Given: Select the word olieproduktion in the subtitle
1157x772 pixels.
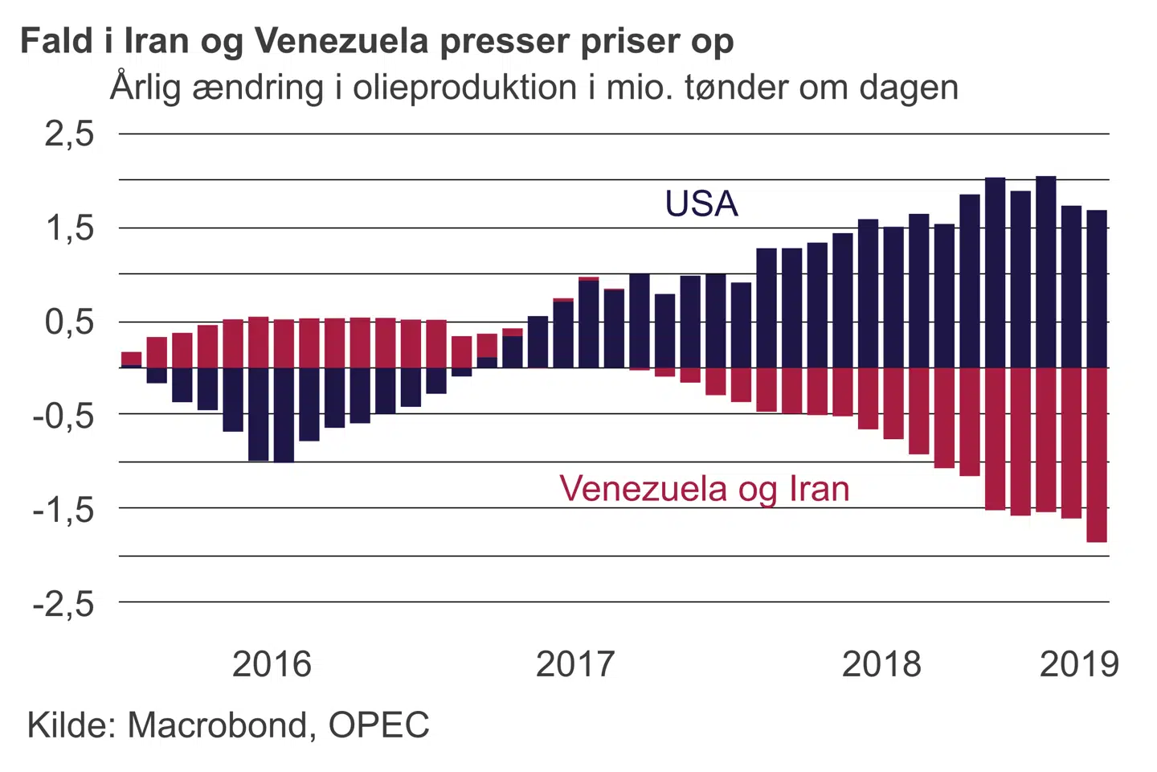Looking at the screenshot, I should [464, 88].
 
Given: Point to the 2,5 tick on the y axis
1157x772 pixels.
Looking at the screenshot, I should [69, 133].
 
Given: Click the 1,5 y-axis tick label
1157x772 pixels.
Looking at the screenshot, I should [69, 228].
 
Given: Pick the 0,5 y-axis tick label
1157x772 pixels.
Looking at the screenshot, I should [69, 322].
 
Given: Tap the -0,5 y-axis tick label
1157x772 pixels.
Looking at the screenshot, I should [63, 416].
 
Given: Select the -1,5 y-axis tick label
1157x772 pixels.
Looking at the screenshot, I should [63, 509].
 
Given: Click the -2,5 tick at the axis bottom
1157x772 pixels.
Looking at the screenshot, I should [63, 603].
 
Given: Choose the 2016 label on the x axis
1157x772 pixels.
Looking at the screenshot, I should [272, 664].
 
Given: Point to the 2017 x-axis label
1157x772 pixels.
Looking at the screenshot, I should [575, 664].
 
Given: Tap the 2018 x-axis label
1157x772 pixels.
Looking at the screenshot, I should [881, 664].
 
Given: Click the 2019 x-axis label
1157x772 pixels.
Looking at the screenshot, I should [1079, 664].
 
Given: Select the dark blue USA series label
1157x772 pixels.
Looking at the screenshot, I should [701, 203].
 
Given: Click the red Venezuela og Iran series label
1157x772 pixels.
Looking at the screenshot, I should [704, 488].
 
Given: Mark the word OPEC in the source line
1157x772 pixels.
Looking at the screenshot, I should [379, 725].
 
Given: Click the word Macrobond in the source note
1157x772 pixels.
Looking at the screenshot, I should [217, 725].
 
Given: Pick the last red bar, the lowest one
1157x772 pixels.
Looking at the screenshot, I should [1097, 454].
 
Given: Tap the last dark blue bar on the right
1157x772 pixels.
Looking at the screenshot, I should [1097, 289].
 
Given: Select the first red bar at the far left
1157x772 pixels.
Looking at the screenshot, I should [131, 359].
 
